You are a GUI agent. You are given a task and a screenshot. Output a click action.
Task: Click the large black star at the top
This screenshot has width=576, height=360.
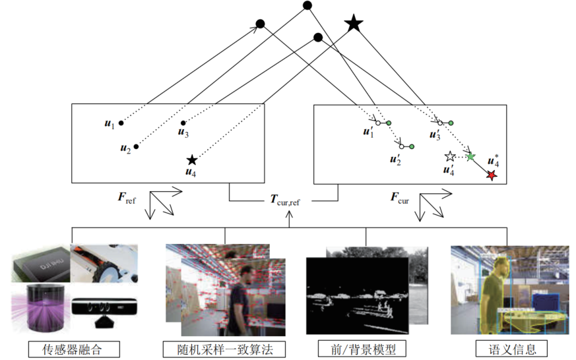tap(354, 24)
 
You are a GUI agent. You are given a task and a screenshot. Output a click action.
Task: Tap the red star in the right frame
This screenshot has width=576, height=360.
tap(492, 175)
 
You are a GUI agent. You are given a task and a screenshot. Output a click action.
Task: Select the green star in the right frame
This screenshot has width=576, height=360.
tap(470, 157)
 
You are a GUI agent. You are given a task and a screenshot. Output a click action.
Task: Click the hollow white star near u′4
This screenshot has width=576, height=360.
tap(450, 157)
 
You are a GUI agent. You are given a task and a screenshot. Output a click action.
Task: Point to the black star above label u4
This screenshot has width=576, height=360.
tap(191, 160)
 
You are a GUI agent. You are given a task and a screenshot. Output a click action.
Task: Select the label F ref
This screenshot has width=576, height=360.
tap(125, 196)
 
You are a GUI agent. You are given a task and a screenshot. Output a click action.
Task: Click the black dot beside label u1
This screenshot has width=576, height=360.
tap(121, 123)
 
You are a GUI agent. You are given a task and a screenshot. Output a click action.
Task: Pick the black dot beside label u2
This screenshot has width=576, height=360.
tap(137, 146)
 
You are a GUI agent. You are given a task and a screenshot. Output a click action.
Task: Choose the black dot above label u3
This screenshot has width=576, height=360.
tap(183, 123)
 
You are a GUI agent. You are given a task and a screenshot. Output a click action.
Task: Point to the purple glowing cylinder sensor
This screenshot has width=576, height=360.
tap(42, 306)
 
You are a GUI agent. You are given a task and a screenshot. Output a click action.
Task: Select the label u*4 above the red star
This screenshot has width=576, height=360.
tap(492, 160)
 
